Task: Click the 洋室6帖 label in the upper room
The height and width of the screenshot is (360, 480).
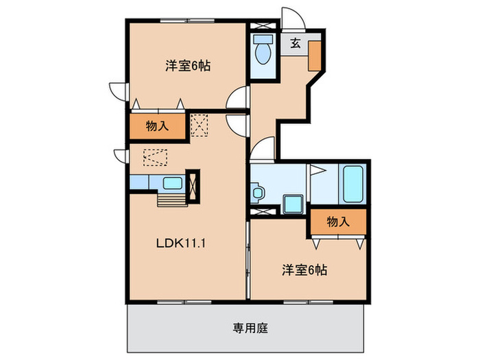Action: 187,67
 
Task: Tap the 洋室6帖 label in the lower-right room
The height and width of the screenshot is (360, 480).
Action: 302,269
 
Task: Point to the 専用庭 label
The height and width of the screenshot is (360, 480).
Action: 245,327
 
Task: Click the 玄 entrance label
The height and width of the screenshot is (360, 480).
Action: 294,43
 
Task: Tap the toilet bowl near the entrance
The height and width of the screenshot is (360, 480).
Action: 262,51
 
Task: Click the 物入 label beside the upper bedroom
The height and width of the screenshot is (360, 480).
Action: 157,126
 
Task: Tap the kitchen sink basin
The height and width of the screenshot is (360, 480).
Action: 171,183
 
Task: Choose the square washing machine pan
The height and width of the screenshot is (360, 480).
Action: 294,204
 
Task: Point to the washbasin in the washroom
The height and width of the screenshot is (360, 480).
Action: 258,193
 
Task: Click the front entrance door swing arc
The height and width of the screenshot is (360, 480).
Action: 291,18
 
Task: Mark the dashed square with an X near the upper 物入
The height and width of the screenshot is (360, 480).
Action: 200,124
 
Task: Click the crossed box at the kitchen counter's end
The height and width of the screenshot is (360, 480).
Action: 192,186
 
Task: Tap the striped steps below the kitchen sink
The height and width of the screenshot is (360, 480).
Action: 171,198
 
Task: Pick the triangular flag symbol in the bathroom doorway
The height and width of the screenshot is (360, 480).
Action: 316,171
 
